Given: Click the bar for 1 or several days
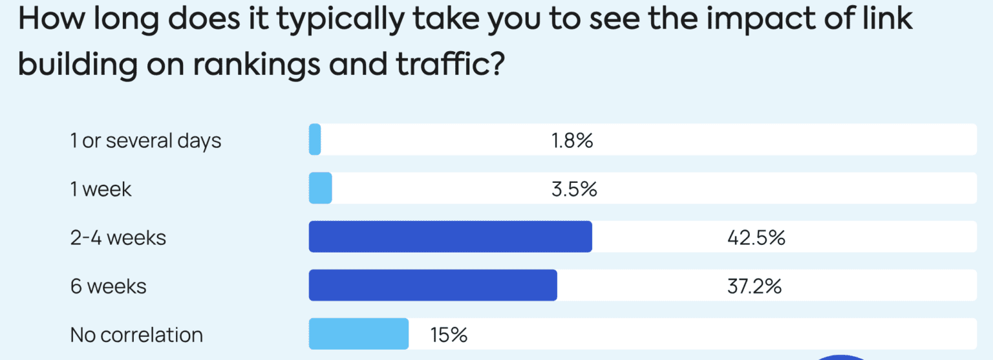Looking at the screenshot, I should [315, 140].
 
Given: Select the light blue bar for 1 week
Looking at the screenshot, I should [321, 188].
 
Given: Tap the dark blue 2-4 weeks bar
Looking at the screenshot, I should [450, 237].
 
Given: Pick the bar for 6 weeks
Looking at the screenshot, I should [432, 285].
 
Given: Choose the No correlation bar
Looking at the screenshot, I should [359, 334].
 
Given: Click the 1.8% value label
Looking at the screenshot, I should [572, 140].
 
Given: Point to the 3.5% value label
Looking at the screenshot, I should [574, 189].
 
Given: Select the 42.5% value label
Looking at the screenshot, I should [756, 237].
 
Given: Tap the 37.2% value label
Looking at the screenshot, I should [754, 286].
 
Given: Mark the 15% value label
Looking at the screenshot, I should [449, 334].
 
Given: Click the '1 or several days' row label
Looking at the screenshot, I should [145, 140].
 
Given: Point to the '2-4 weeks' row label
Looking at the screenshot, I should [118, 237].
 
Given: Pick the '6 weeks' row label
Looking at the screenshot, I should [108, 286].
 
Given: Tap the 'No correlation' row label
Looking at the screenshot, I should [136, 334].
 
